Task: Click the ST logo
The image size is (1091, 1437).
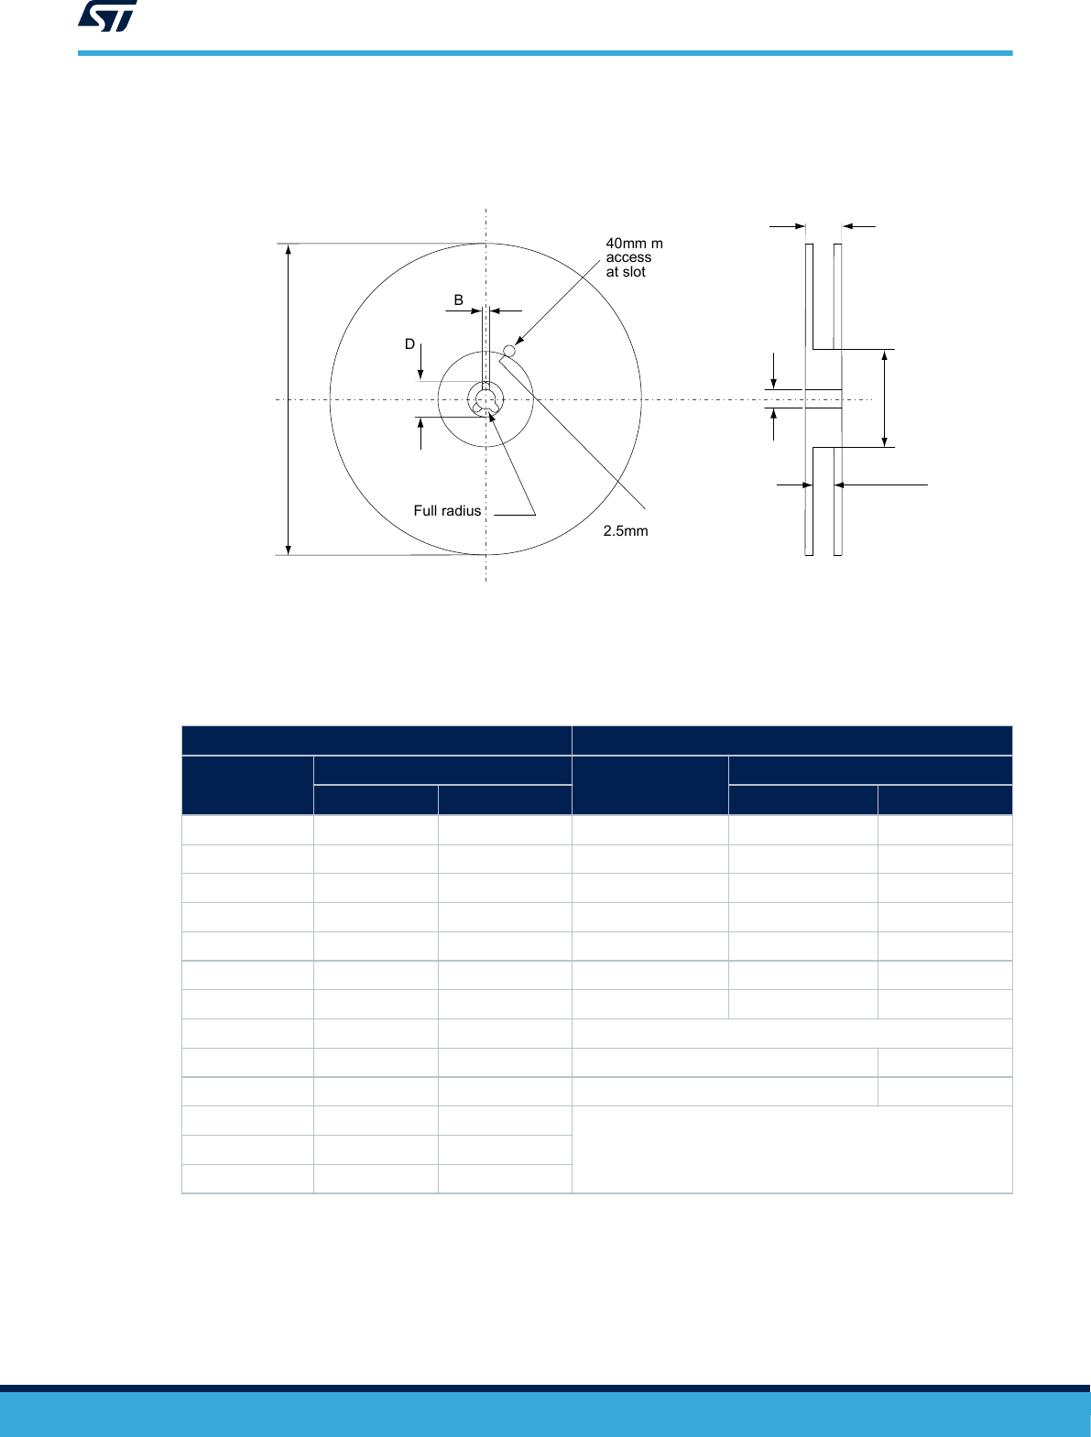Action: click(107, 16)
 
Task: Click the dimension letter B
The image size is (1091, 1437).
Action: click(459, 299)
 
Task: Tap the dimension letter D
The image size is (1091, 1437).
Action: click(409, 343)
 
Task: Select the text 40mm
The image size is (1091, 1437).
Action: click(626, 244)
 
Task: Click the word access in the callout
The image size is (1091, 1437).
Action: click(628, 257)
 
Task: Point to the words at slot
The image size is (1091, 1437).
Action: click(626, 272)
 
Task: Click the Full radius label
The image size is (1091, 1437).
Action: click(447, 511)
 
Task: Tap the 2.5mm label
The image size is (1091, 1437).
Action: click(626, 531)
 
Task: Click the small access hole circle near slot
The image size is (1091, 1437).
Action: click(509, 351)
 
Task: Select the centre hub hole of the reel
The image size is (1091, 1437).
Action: click(485, 398)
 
